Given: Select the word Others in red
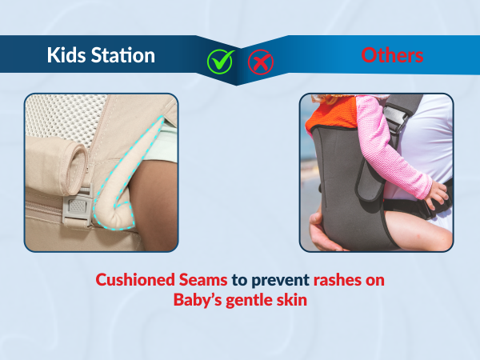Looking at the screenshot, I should [x=392, y=55].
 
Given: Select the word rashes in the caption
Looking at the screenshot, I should [x=335, y=281].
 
